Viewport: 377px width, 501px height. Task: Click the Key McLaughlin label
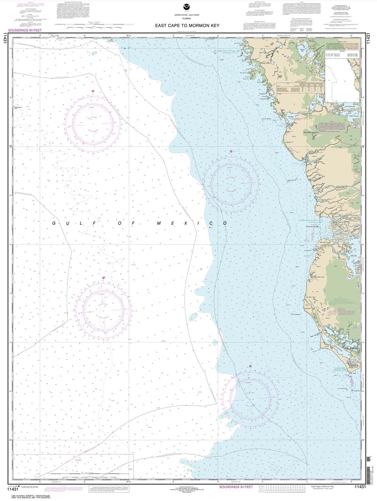(x=302, y=131)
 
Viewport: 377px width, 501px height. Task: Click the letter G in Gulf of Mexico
(x=54, y=223)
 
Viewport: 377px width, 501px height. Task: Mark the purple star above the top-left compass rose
(x=93, y=91)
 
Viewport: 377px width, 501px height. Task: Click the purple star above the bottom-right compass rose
(x=250, y=366)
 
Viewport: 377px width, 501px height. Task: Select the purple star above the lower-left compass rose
(x=103, y=278)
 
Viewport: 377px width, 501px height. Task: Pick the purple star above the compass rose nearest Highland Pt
(x=231, y=151)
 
